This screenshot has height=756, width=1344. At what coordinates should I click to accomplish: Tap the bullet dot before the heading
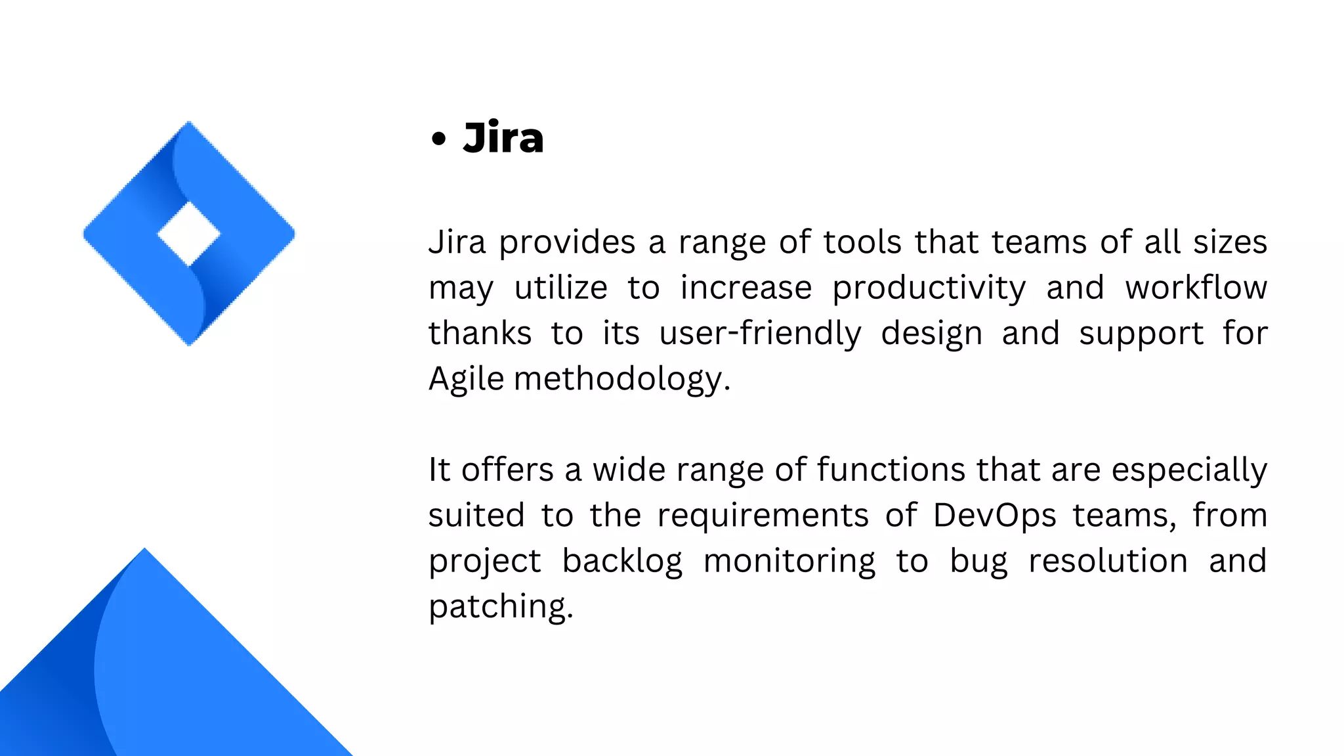coord(438,139)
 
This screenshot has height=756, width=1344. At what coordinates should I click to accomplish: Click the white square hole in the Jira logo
coord(189,234)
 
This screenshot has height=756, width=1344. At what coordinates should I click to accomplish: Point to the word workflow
coord(1196,288)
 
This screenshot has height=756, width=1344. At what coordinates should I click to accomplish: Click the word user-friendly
coord(760,333)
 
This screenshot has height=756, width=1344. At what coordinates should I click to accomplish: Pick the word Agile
coord(466,380)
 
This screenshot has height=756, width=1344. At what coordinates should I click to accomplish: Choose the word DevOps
coord(994,516)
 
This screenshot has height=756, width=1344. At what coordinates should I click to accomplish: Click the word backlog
coord(622,562)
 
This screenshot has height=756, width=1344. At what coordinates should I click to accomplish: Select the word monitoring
coord(789,562)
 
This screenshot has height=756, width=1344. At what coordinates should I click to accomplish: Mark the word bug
coord(978,562)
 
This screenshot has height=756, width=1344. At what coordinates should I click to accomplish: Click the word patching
coord(501,607)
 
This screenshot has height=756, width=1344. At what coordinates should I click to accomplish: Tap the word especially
coord(1189,471)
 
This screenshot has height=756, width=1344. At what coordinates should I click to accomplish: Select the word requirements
coord(763,516)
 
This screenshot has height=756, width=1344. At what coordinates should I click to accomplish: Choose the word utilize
coord(560,288)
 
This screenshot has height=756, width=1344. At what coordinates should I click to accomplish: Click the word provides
coord(567,243)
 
